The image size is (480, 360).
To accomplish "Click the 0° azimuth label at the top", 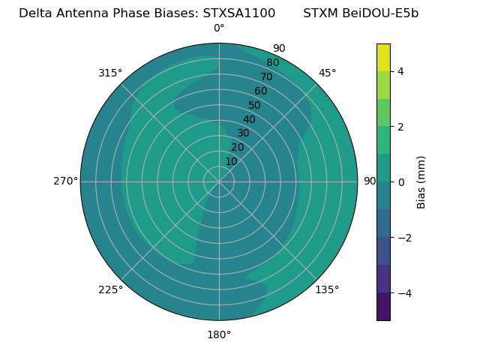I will click(x=219, y=28).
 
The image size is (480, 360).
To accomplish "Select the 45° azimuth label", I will click(x=327, y=73).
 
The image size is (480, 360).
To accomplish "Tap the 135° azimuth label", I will click(x=327, y=289).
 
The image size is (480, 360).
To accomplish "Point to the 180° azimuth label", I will click(x=219, y=334).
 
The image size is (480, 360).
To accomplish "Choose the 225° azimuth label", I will click(x=110, y=289).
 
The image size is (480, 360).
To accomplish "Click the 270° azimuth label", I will click(x=65, y=181).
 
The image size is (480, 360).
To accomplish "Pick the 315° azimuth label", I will click(x=110, y=73).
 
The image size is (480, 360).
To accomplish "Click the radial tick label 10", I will click(x=231, y=161).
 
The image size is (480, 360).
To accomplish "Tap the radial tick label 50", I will click(x=254, y=106).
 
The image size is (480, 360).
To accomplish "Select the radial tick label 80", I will click(x=272, y=63).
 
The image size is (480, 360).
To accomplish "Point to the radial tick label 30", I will click(x=243, y=133).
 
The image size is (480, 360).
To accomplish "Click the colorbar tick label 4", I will click(x=400, y=71).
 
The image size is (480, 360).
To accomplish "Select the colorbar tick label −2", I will click(x=403, y=238).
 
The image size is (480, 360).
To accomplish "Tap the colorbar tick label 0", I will click(x=400, y=182).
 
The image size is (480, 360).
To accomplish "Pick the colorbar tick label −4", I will click(x=403, y=293).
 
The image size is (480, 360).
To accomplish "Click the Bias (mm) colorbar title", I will click(x=421, y=182).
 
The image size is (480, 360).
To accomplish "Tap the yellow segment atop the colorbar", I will click(x=383, y=57).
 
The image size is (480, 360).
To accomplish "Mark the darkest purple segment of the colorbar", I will click(x=383, y=307).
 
